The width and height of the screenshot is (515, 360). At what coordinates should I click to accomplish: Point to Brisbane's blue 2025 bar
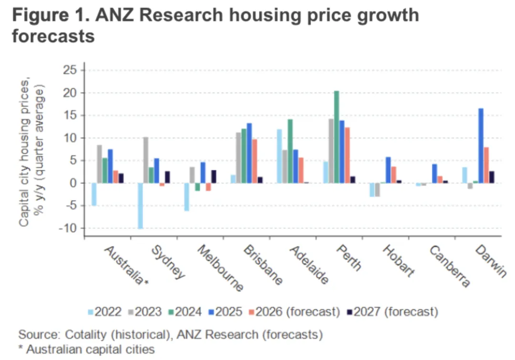pos(249,153)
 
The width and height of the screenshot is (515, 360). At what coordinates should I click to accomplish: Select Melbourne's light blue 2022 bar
pos(187,197)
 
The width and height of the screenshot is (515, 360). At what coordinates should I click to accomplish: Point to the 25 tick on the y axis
pos(70,71)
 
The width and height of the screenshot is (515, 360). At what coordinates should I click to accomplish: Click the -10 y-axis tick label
pos(68,228)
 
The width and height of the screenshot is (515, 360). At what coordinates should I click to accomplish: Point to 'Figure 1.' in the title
pos(50,15)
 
